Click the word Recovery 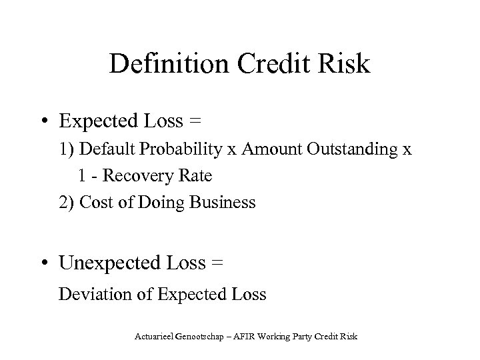[141, 177]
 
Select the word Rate [196, 177]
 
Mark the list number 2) [67, 203]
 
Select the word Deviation [90, 294]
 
